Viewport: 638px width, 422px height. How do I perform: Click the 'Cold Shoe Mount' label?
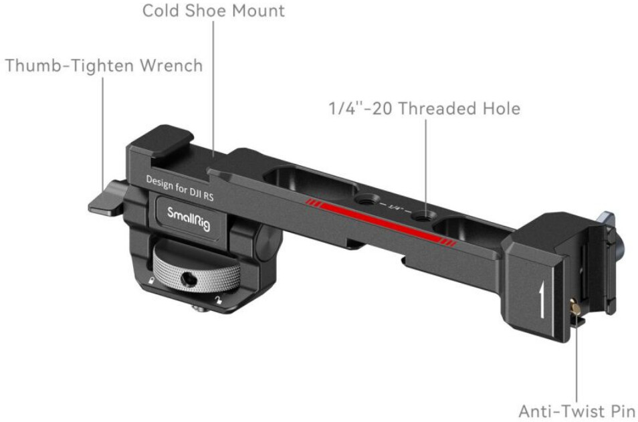pyautogui.click(x=213, y=11)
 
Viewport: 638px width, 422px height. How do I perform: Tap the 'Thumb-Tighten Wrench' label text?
pyautogui.click(x=104, y=66)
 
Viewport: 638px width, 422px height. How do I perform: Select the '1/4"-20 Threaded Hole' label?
pyautogui.click(x=423, y=108)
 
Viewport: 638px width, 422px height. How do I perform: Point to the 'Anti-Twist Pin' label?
pyautogui.click(x=576, y=409)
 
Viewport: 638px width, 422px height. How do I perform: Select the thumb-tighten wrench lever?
pyautogui.click(x=107, y=201)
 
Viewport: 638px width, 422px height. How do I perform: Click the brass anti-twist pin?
pyautogui.click(x=574, y=308)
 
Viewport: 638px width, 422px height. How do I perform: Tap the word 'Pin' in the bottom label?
pyautogui.click(x=619, y=409)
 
